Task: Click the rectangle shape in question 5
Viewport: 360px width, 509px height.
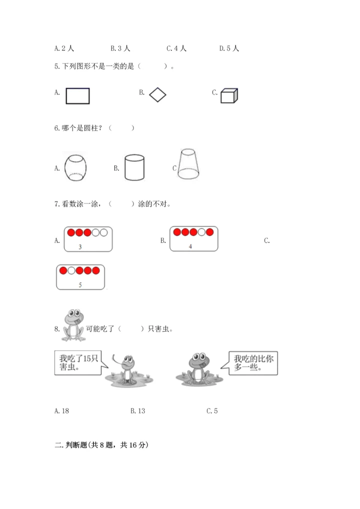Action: [77, 95]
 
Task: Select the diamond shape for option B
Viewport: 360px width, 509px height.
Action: [157, 94]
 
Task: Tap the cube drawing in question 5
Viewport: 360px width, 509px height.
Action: [229, 95]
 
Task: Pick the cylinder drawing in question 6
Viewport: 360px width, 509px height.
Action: [134, 167]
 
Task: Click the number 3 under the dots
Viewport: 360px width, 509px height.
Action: [80, 247]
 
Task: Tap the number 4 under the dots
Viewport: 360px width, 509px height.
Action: [190, 246]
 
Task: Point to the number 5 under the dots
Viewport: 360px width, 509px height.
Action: [80, 284]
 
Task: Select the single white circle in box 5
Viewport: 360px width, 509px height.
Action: [71, 270]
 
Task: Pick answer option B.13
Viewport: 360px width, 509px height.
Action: [138, 411]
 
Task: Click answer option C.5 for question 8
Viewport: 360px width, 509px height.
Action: [212, 411]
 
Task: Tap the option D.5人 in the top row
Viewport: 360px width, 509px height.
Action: [229, 48]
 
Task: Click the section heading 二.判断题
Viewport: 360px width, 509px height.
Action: [102, 444]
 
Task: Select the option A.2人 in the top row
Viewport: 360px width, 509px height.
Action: [64, 48]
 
